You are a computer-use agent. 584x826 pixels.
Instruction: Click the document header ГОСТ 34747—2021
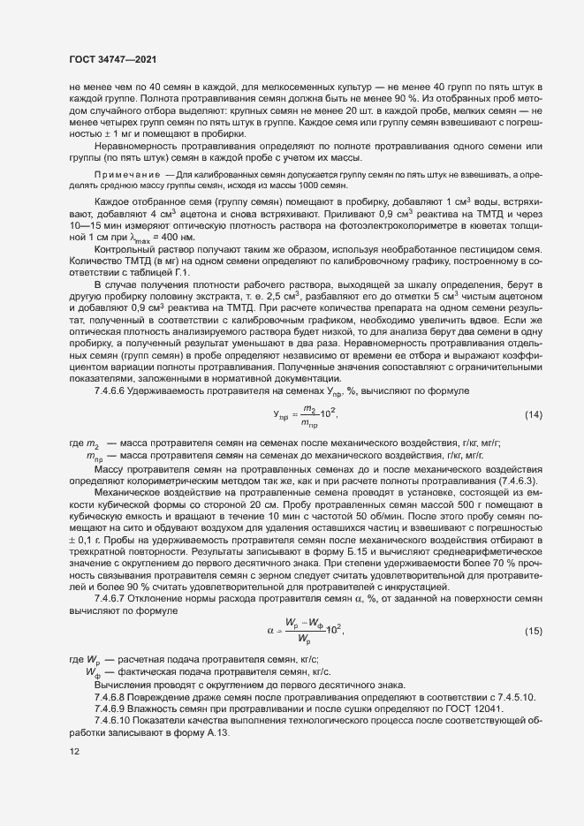pos(107,57)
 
